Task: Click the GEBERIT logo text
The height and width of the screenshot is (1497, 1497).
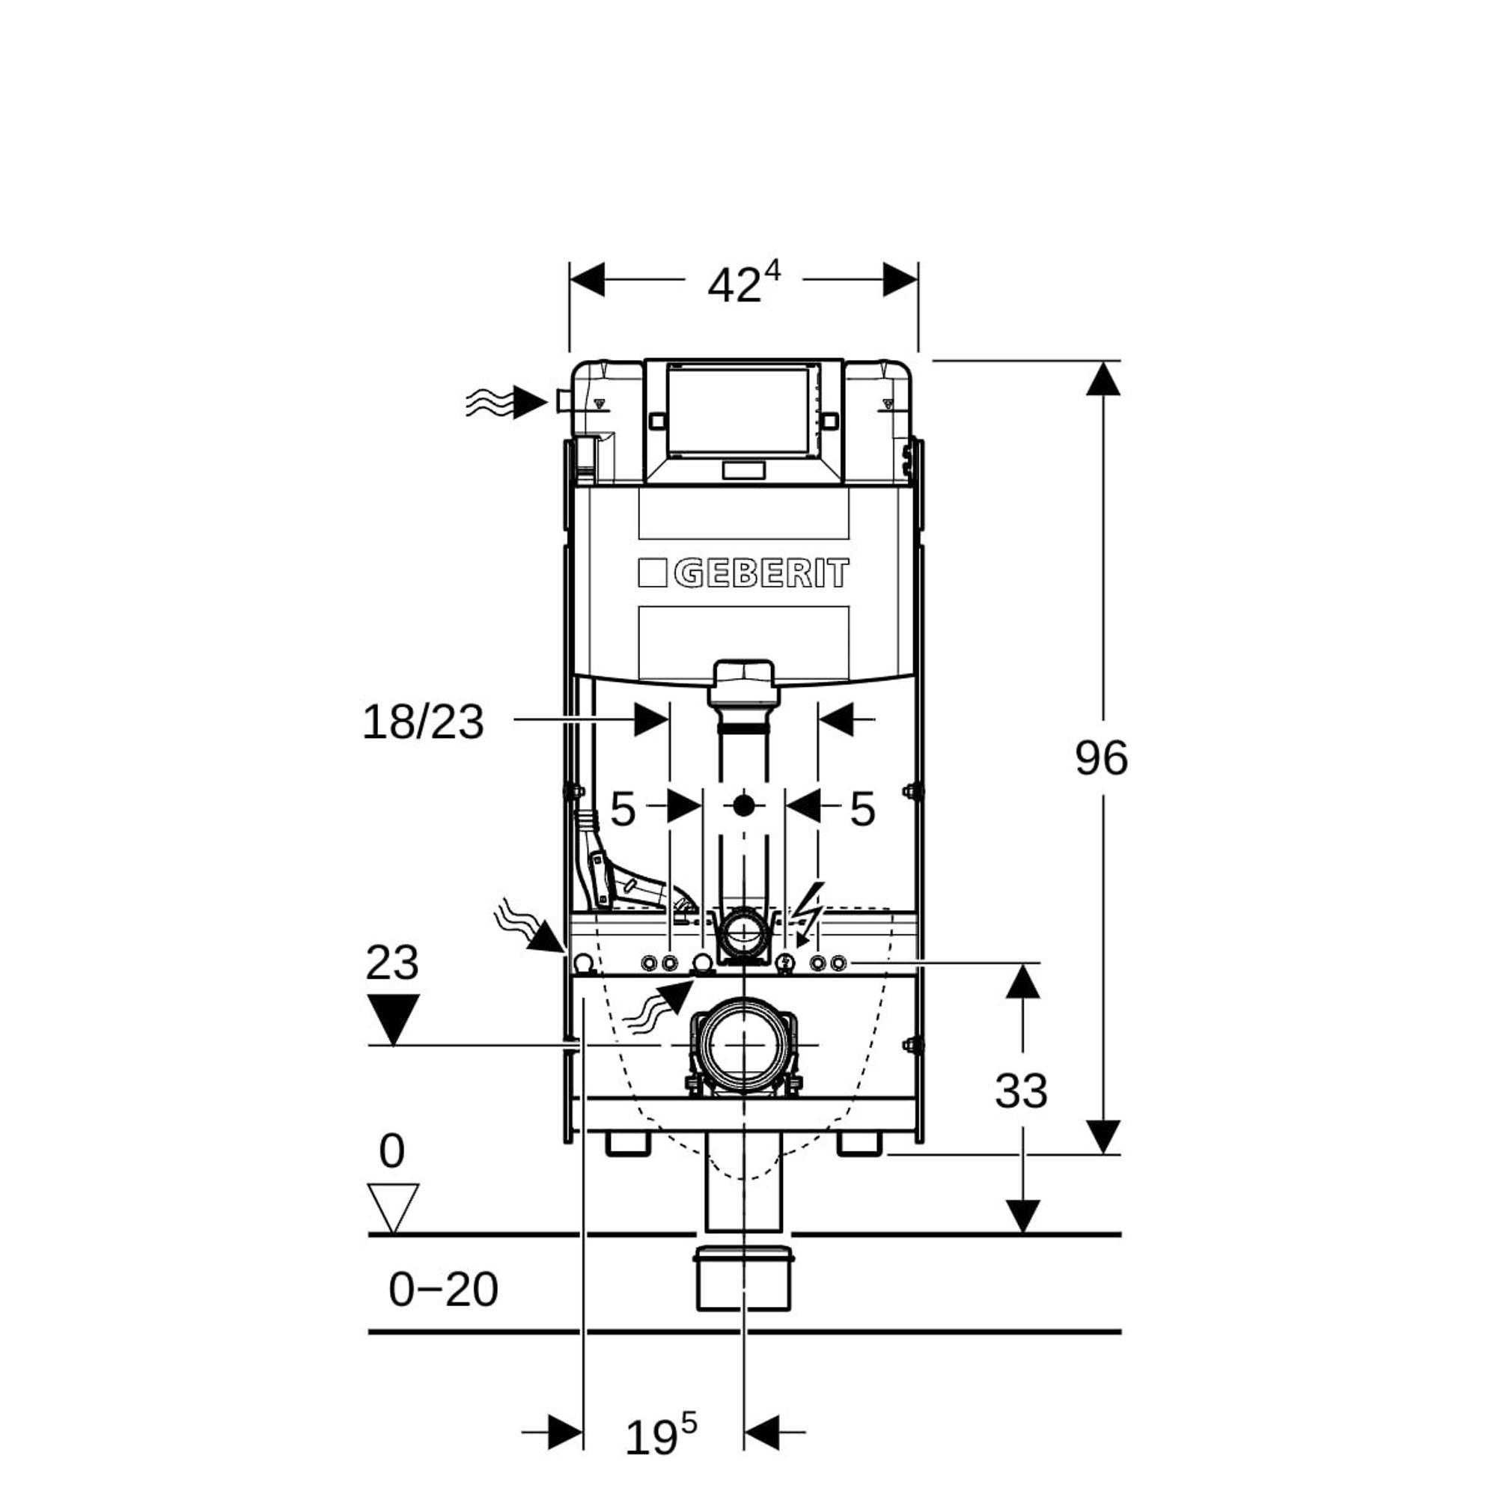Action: (761, 575)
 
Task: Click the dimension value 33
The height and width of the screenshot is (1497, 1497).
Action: (1021, 1091)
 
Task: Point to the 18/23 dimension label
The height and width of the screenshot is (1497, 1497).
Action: (423, 723)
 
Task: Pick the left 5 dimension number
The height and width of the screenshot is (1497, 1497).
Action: (623, 810)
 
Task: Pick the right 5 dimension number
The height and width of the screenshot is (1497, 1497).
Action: (862, 810)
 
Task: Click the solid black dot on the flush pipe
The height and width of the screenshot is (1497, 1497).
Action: (744, 806)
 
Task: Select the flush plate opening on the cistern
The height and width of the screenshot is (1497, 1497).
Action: (743, 410)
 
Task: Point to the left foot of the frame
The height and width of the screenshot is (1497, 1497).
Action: (628, 1144)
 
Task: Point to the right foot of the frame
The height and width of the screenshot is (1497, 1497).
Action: (859, 1144)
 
